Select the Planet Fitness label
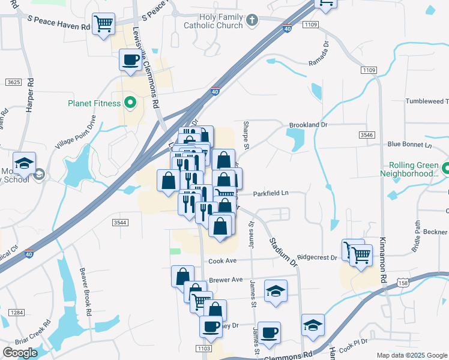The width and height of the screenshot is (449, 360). point(94,103)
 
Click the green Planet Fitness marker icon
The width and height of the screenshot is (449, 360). point(128,103)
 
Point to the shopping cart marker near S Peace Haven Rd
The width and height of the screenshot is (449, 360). point(104,25)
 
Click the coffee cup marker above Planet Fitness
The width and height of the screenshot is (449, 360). point(131,60)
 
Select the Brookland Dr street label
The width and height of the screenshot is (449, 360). point(308,125)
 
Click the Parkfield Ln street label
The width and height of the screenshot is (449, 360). point(271,193)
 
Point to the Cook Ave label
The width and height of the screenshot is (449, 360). point(223,261)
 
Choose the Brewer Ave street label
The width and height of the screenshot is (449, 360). point(225,280)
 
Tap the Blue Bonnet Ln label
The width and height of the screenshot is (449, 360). point(409,145)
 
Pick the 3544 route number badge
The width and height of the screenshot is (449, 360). point(120,222)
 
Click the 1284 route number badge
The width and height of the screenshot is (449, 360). point(17,312)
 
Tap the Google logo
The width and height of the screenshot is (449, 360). point(20,353)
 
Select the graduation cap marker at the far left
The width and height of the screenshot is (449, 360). point(25,164)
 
